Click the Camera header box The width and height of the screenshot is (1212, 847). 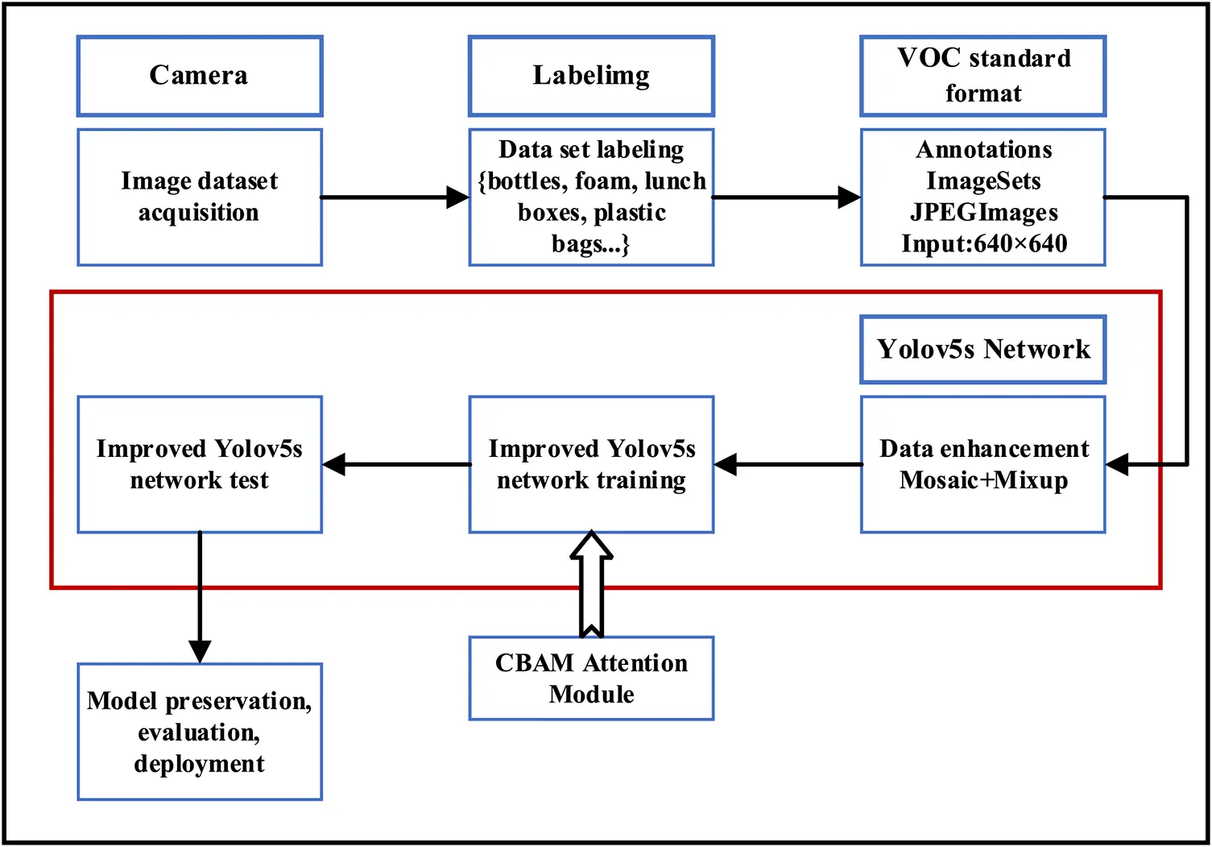point(200,76)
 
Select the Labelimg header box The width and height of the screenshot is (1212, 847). point(591,76)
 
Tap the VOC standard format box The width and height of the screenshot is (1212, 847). point(982,76)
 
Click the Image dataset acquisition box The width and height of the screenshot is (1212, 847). point(200,197)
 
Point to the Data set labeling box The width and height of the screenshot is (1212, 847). point(591,197)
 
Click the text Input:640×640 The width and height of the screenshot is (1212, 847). point(983,243)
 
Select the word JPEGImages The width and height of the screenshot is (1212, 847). point(983,212)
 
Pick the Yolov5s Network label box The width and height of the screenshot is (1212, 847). point(982,349)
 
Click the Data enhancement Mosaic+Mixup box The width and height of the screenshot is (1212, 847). point(982,464)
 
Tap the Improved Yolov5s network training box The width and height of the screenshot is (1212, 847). point(591,464)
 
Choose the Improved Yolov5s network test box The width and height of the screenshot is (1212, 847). point(200,464)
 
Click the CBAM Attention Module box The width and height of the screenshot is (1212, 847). point(591,678)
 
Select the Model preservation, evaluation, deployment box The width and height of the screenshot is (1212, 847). point(200,732)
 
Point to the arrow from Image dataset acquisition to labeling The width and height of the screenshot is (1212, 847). point(395,197)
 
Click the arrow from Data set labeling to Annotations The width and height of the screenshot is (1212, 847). point(787,197)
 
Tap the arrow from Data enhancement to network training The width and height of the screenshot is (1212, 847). point(788,464)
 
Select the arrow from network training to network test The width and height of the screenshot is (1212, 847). point(396,464)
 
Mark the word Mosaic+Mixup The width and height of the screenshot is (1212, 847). point(983,480)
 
